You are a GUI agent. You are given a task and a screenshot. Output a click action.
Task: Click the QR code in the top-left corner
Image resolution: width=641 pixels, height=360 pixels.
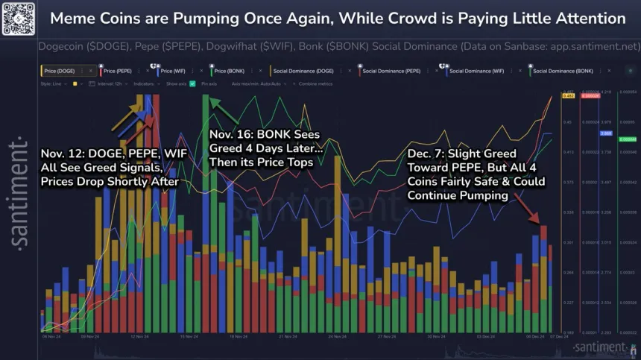pos(19,18)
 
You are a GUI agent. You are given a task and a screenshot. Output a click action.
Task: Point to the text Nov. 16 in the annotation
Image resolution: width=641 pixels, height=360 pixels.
pos(233,135)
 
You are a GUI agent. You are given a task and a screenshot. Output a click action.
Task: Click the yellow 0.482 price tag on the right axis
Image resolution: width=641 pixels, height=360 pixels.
pos(567,96)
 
